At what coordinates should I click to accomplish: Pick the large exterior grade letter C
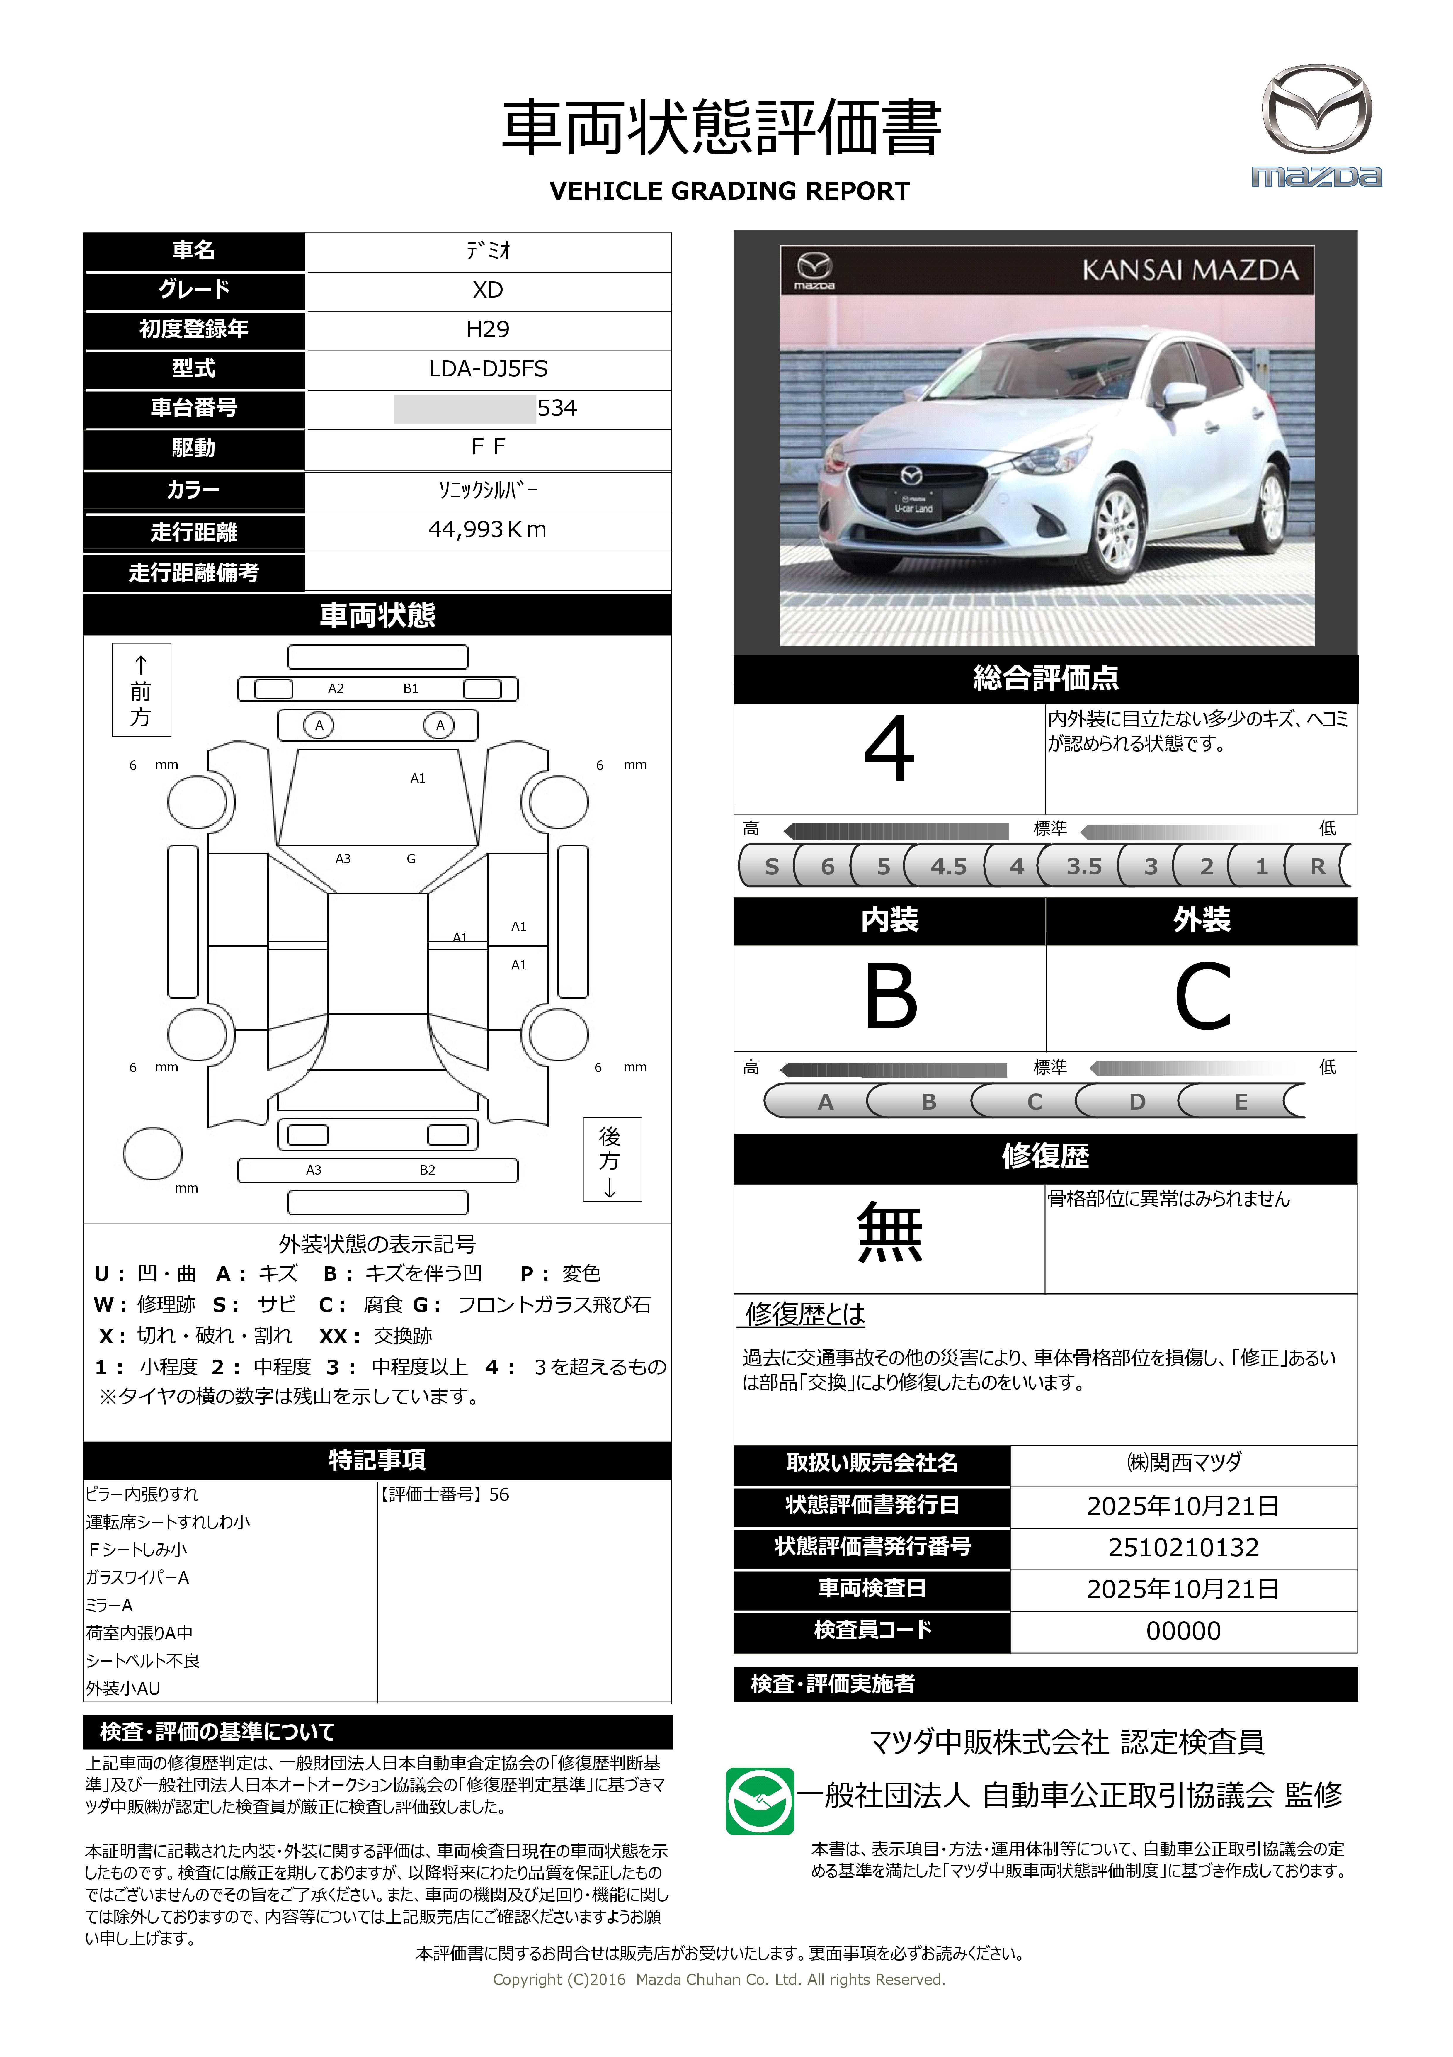[1202, 997]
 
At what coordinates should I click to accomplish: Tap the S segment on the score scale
[771, 866]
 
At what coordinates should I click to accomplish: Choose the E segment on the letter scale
[1241, 1102]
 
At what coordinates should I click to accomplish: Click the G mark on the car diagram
[411, 858]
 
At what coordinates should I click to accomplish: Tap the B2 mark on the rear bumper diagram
[427, 1170]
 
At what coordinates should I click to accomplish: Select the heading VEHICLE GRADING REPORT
[729, 191]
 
